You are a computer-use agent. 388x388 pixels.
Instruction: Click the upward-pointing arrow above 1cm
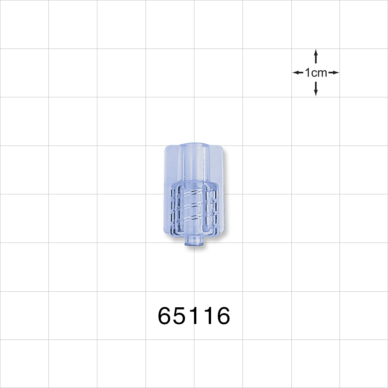[316, 56]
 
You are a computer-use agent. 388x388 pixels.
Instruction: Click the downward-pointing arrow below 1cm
[316, 89]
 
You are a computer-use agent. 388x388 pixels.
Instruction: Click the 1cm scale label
[316, 73]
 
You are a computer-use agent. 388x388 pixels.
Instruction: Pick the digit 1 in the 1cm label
[307, 73]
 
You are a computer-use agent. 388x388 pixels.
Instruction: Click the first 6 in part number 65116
[165, 316]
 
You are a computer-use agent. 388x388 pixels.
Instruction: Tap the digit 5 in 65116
[181, 316]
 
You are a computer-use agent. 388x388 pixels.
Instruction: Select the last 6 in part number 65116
[223, 316]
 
